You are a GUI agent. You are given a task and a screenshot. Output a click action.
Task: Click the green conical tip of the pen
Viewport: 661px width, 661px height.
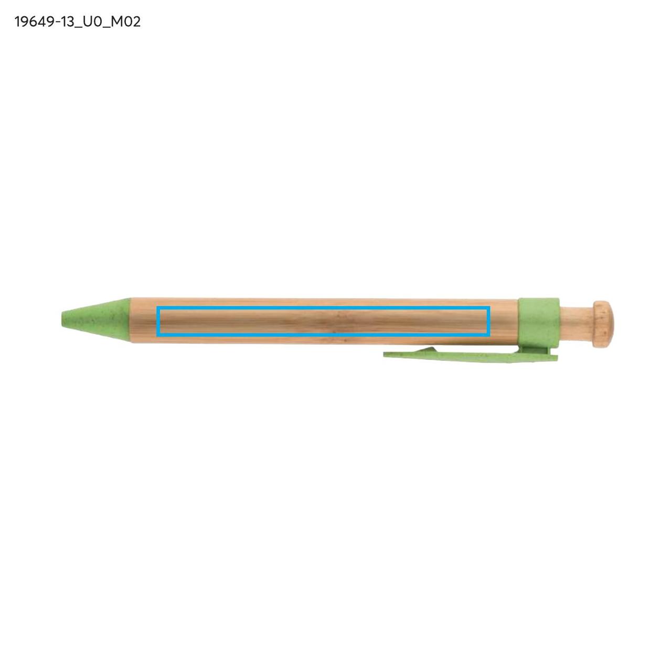(96, 320)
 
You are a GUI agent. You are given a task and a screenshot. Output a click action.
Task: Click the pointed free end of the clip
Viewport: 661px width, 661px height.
(384, 353)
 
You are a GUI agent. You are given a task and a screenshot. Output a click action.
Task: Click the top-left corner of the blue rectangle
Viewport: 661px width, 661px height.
(157, 308)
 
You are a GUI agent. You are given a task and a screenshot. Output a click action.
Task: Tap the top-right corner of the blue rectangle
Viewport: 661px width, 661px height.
(489, 308)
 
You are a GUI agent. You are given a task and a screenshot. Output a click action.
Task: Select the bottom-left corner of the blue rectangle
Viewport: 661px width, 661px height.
(157, 334)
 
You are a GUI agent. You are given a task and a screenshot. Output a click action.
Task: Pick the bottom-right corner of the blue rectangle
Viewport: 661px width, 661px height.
(489, 334)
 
